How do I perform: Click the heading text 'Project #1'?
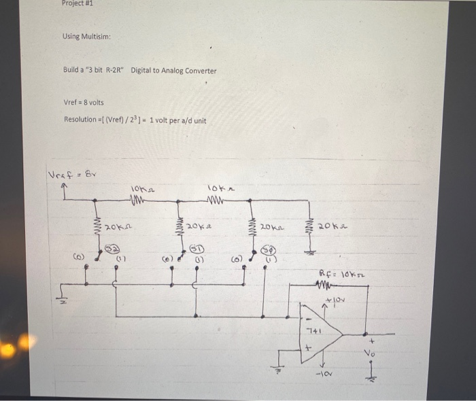tap(76, 3)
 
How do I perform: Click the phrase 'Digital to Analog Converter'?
tap(173, 70)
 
